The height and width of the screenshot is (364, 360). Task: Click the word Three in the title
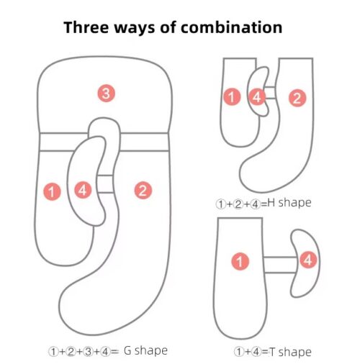click(86, 27)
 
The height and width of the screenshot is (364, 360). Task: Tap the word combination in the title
click(232, 27)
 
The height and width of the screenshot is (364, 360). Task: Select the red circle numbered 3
click(107, 93)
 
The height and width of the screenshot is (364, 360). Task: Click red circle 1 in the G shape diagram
click(52, 191)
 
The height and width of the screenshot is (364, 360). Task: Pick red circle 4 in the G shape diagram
click(83, 190)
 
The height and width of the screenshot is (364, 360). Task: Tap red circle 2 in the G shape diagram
click(143, 190)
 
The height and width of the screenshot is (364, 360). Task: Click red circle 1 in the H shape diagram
click(232, 97)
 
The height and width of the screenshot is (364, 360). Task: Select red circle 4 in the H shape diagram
click(257, 97)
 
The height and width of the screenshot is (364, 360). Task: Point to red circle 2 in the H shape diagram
click(297, 98)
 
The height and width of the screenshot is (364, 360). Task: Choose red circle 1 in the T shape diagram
click(240, 261)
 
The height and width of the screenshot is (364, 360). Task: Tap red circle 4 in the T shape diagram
click(308, 260)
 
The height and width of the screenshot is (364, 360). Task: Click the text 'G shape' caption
click(145, 351)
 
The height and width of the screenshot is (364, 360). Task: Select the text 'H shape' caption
click(289, 203)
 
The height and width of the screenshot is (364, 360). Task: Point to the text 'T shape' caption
click(290, 352)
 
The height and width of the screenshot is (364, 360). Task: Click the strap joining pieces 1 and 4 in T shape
click(280, 265)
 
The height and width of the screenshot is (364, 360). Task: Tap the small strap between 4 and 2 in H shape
click(271, 93)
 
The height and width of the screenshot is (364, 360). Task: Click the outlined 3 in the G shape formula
click(89, 352)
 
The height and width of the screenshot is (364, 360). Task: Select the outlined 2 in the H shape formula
click(238, 204)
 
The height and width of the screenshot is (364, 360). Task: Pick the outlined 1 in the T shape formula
click(239, 352)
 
